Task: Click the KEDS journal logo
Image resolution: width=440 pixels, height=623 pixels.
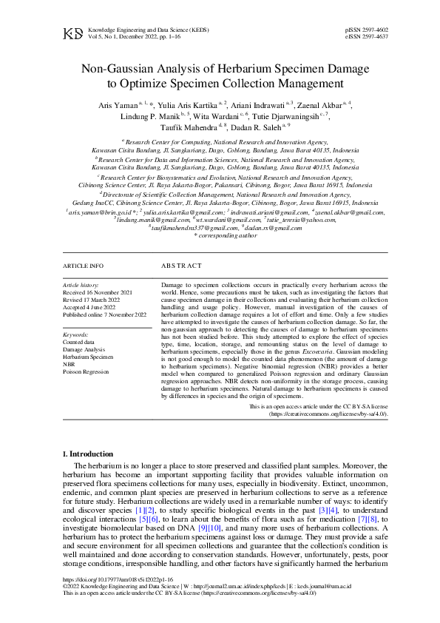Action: pos(73,33)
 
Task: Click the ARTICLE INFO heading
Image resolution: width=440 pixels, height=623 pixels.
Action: pos(83,265)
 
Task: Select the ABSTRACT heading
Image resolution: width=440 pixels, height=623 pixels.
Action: pos(180,265)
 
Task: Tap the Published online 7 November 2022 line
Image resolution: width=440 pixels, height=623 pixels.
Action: pos(105,314)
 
